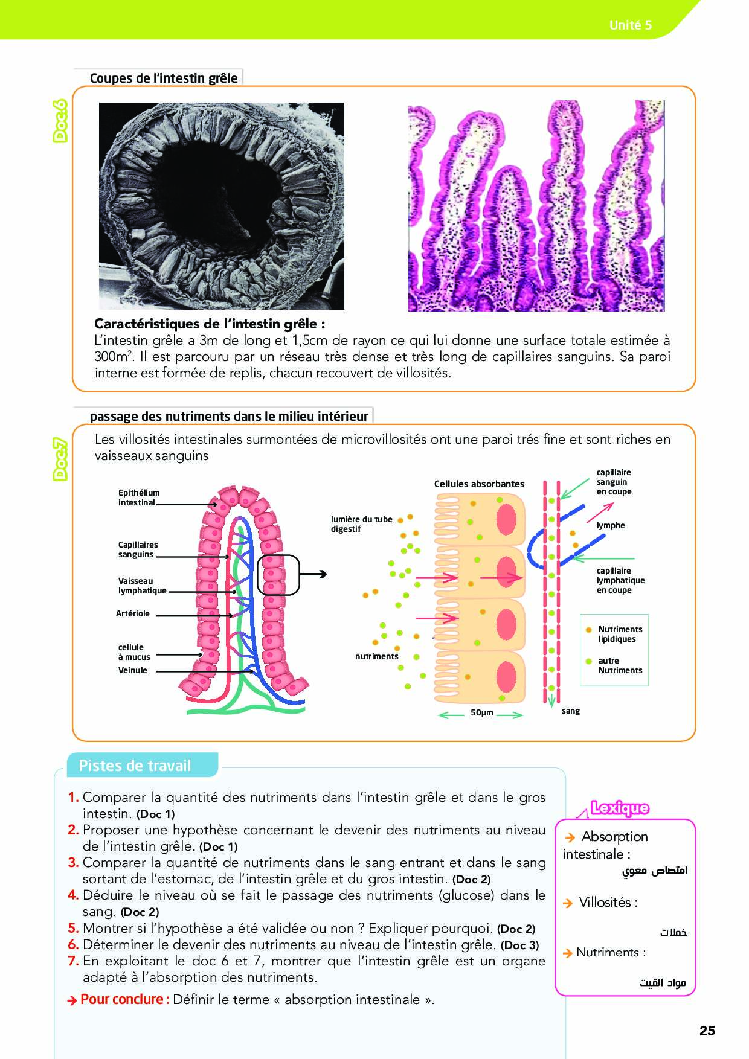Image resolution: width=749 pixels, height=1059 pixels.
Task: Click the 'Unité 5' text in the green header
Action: [630, 25]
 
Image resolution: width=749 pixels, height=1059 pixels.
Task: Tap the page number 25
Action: [707, 1031]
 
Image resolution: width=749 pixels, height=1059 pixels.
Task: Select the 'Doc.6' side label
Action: [60, 121]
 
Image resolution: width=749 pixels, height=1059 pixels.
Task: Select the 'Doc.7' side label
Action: [60, 459]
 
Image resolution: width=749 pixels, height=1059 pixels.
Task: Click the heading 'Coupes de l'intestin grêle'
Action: [164, 78]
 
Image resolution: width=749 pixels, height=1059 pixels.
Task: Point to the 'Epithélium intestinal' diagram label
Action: [139, 498]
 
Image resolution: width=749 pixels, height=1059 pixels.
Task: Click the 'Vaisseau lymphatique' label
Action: [142, 586]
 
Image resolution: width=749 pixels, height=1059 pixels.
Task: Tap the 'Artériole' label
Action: [133, 613]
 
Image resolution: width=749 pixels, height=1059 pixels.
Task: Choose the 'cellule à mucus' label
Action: [134, 652]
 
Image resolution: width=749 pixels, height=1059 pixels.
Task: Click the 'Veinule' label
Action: [133, 670]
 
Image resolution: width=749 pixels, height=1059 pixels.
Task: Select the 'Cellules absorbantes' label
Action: [479, 484]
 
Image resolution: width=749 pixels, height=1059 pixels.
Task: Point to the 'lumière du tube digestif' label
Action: [361, 524]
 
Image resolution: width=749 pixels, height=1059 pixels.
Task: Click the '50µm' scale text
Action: [482, 712]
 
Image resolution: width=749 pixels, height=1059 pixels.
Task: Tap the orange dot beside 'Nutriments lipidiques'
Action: [588, 630]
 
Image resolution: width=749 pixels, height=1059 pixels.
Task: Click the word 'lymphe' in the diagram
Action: [611, 525]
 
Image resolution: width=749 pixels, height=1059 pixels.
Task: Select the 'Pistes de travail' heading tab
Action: [135, 766]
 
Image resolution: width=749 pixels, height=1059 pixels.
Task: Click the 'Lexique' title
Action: [620, 808]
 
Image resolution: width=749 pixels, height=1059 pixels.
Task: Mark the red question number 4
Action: [73, 895]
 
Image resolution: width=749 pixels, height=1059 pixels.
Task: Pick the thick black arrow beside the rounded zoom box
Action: [313, 574]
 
